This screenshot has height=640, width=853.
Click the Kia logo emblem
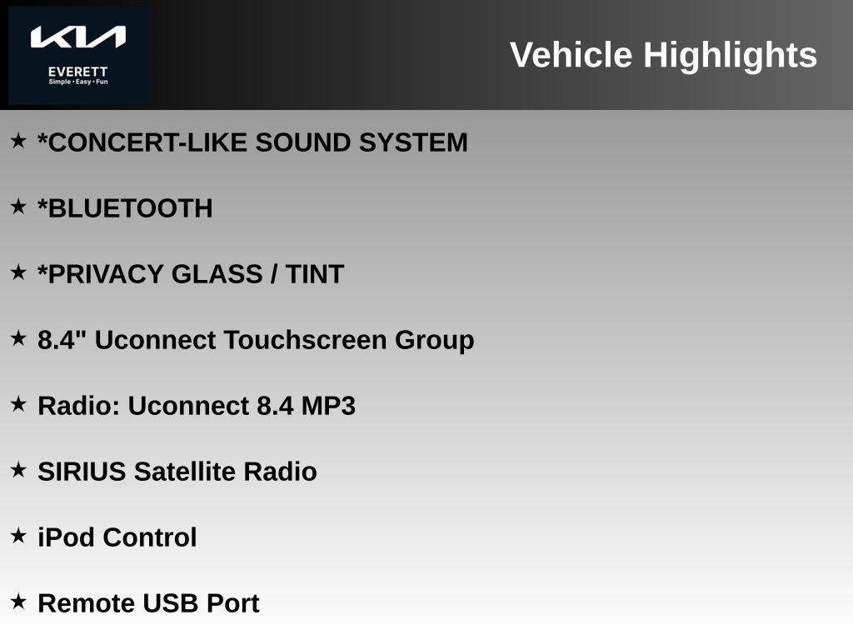(77, 37)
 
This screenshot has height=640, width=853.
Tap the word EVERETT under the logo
(77, 72)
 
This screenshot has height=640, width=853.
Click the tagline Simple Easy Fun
(78, 82)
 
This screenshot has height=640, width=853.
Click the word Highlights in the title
(730, 56)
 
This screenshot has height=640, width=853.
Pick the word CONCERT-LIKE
(142, 142)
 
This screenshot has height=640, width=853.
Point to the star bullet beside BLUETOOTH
(18, 207)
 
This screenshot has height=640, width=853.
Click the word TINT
(315, 273)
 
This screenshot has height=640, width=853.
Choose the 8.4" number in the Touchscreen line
(62, 340)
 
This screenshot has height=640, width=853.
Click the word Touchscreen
(305, 340)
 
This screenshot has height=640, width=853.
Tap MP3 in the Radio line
(328, 406)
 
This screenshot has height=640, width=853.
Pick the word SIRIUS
(82, 472)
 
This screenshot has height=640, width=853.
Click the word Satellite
(184, 472)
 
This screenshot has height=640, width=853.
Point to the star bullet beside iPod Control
(18, 536)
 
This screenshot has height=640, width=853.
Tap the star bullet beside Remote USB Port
(18, 602)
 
